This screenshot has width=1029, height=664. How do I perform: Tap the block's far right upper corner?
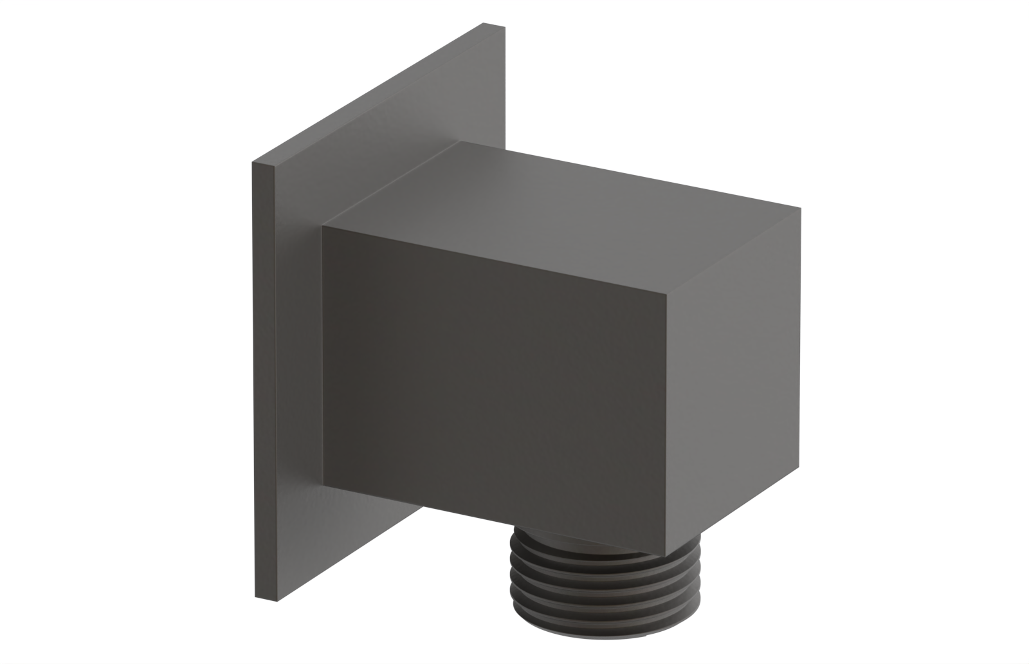click(x=801, y=208)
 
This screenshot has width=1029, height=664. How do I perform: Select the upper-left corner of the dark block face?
click(x=323, y=227)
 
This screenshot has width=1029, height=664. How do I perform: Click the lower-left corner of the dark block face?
click(x=323, y=484)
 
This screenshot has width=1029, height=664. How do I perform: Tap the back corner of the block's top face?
click(x=459, y=142)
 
